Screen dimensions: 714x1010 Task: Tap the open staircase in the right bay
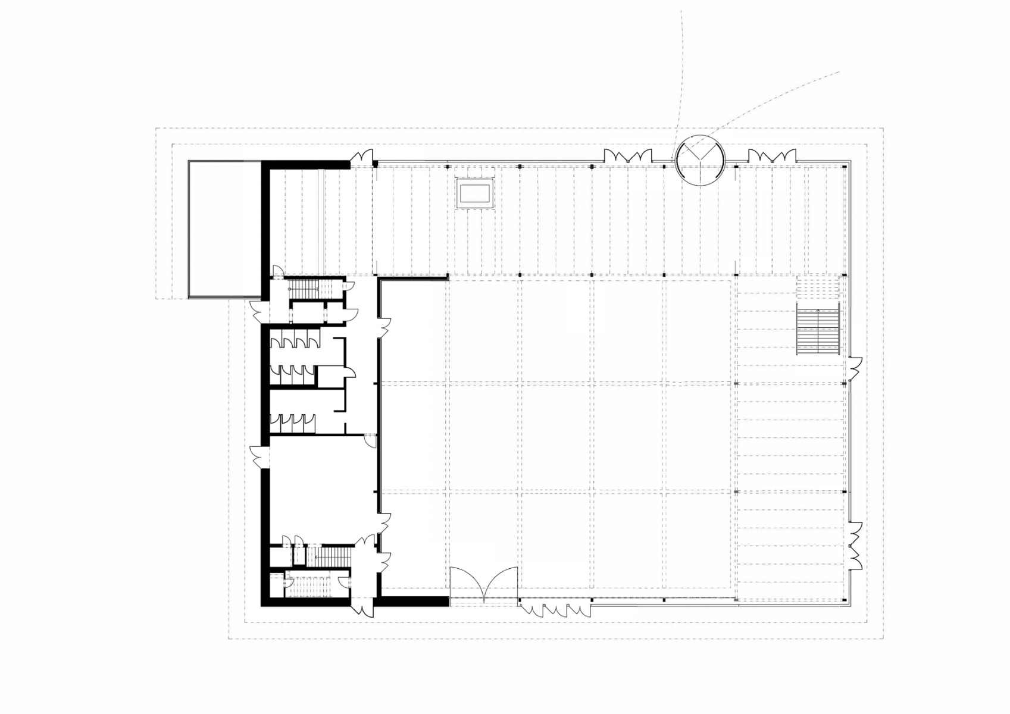click(x=819, y=331)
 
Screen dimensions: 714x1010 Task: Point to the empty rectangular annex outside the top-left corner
click(x=224, y=229)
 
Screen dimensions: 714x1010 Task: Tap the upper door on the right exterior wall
click(x=855, y=369)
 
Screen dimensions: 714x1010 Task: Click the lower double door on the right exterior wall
click(x=855, y=544)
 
